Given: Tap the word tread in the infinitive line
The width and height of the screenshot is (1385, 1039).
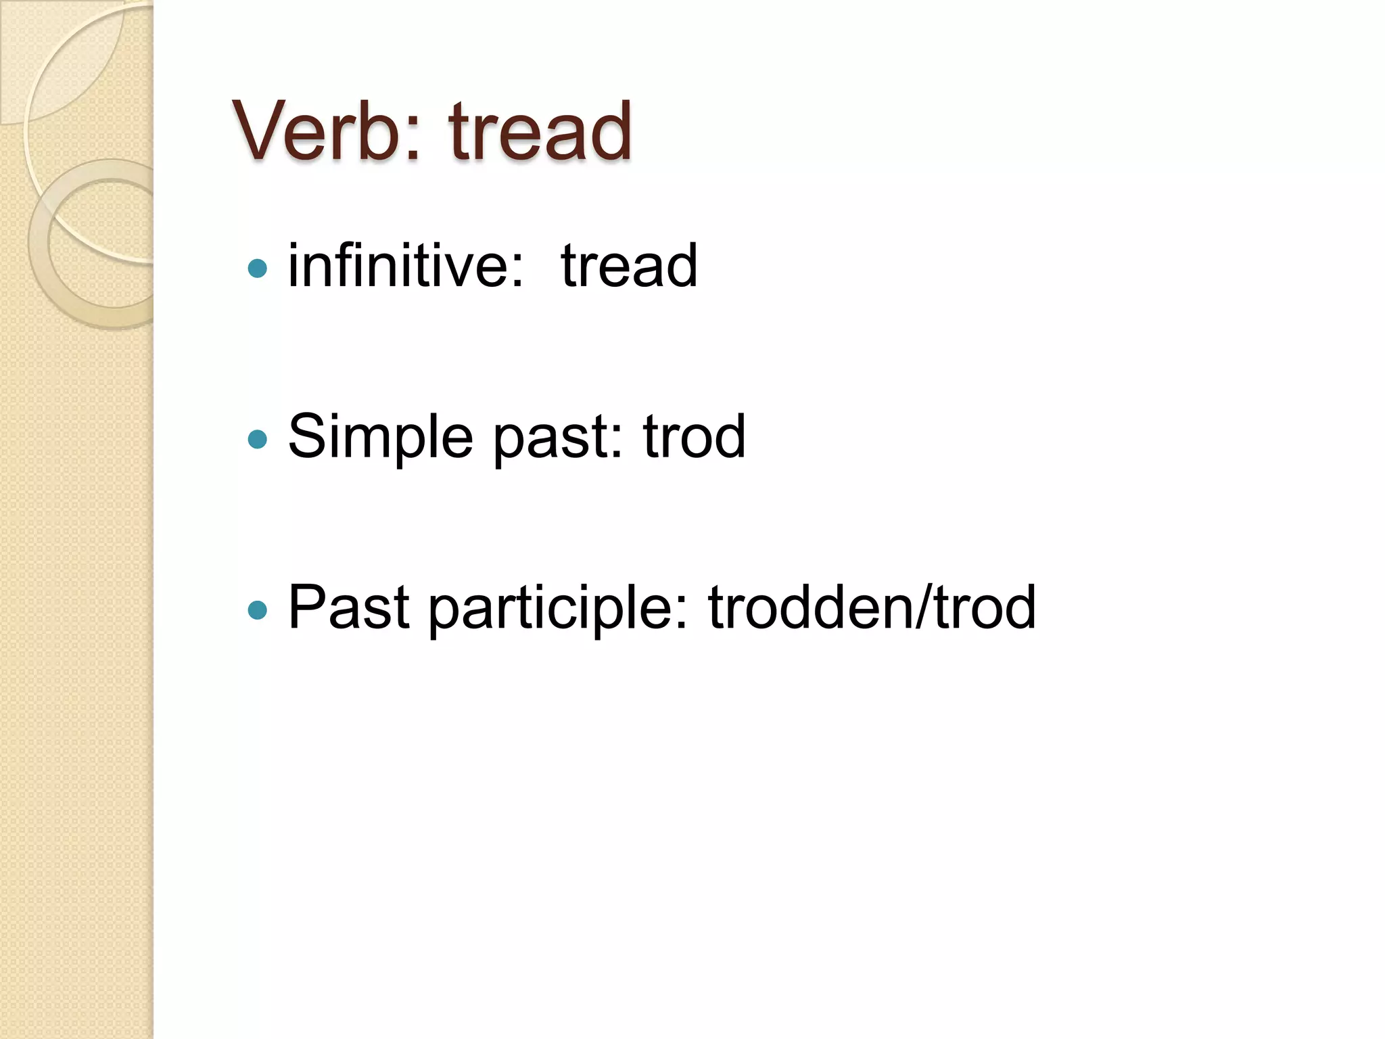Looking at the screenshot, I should click(629, 266).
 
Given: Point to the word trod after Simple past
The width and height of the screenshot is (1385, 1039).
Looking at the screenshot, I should click(694, 436).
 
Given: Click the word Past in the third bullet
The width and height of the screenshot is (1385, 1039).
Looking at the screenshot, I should click(349, 607).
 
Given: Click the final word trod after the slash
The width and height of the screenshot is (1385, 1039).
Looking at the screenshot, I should click(985, 607).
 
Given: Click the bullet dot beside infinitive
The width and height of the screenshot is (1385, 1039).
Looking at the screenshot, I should click(258, 269).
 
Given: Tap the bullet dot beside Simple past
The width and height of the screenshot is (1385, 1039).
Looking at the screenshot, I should click(258, 440).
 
